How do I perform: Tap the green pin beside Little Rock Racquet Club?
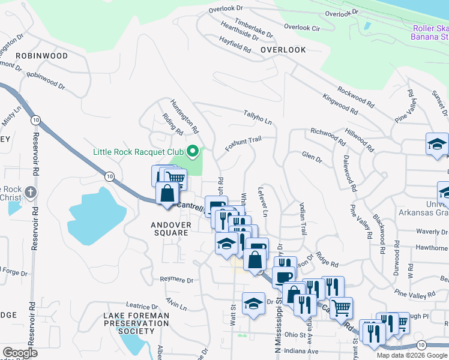point(193,151)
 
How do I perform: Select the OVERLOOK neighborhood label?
point(283,50)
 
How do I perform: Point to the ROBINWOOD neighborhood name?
point(42,55)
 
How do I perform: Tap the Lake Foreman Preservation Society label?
point(136,323)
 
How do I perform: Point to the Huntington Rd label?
point(184,116)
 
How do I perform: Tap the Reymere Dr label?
point(177,280)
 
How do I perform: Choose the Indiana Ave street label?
point(301,351)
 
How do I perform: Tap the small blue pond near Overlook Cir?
point(366,26)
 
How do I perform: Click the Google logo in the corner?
point(20,353)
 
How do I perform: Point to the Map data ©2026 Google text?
point(411,355)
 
